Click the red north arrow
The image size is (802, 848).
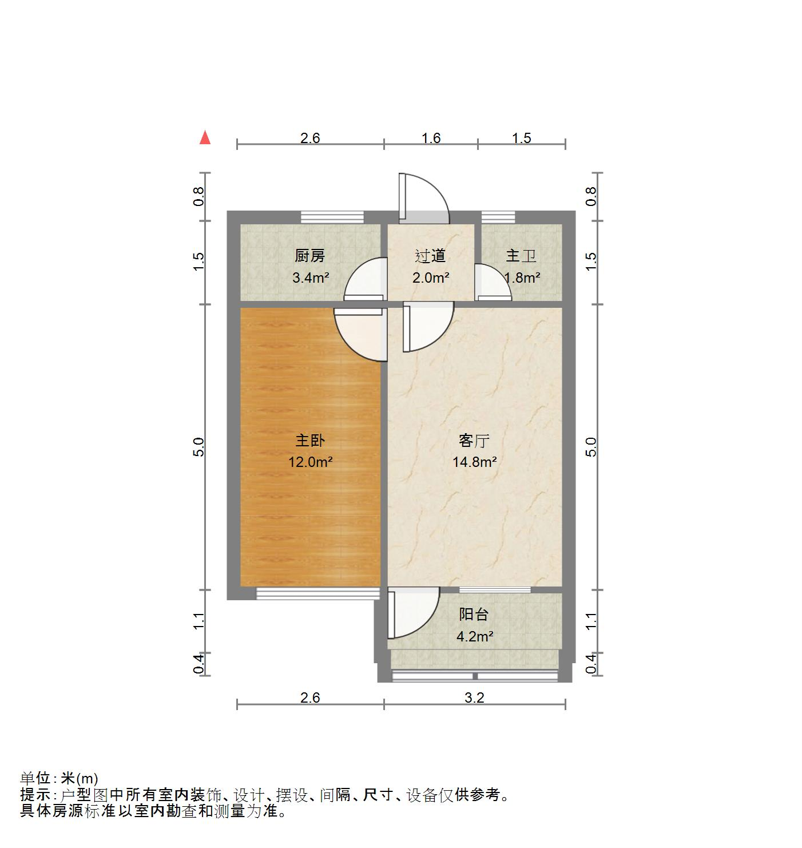(x=205, y=138)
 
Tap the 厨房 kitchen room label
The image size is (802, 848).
(x=309, y=256)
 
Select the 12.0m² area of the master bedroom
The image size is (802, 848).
(x=310, y=462)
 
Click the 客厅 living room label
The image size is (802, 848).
(x=474, y=441)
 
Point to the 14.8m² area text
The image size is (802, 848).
(x=474, y=462)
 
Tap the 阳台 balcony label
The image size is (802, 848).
(x=474, y=615)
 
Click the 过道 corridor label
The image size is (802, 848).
(x=430, y=256)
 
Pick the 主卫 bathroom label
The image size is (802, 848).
(x=521, y=256)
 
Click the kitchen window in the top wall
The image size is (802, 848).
(x=332, y=217)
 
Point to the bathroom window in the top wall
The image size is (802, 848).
(x=498, y=217)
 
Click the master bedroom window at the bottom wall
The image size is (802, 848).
(x=317, y=593)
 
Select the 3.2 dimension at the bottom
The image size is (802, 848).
(x=474, y=698)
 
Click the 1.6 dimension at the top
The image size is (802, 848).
(x=431, y=138)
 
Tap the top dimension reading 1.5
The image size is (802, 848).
(x=521, y=138)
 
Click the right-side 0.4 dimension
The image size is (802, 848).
(x=592, y=664)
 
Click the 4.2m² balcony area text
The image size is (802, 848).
(x=474, y=636)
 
